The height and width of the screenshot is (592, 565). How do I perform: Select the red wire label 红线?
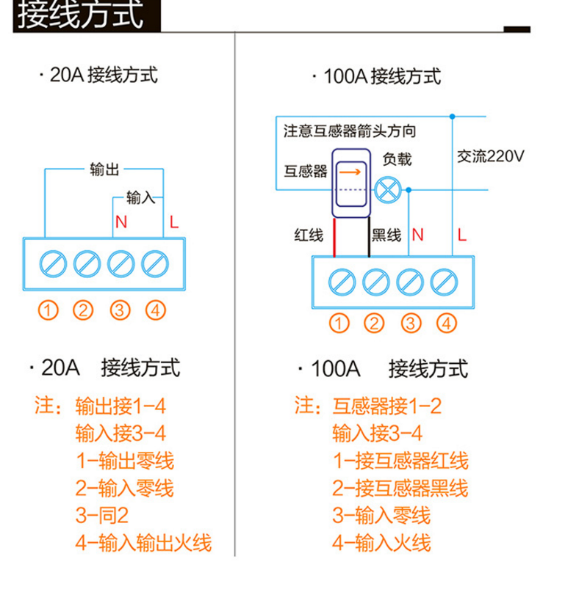click(x=309, y=235)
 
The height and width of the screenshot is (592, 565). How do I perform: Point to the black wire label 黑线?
click(x=387, y=235)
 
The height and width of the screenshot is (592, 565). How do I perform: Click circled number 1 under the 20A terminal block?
click(x=48, y=310)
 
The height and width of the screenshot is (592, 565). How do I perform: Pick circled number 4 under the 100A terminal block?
click(x=445, y=323)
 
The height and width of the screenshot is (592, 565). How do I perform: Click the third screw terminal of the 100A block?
click(x=409, y=280)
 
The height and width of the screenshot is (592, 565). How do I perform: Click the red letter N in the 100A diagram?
click(x=417, y=235)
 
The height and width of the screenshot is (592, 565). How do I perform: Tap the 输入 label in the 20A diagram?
click(x=140, y=198)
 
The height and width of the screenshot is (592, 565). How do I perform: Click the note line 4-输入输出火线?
click(x=143, y=544)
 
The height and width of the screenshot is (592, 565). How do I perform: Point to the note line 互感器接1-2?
click(x=387, y=406)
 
